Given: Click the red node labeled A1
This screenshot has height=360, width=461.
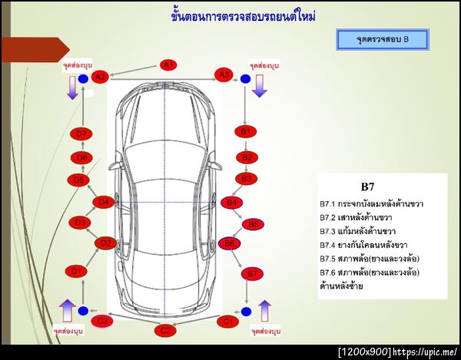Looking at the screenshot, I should tap(168, 64).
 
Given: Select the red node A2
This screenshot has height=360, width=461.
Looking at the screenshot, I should tap(100, 77).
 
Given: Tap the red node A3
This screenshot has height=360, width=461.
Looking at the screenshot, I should tap(223, 75).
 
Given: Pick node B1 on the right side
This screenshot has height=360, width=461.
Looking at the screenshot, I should tap(246, 132).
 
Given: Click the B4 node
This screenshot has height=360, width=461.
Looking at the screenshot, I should tap(230, 203).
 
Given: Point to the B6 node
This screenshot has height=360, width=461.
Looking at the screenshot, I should tap(229, 243).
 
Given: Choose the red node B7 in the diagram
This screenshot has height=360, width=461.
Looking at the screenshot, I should tap(251, 273).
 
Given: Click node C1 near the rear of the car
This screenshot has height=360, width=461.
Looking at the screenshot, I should tap(227, 322).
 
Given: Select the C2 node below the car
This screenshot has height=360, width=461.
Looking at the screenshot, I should tap(164, 331).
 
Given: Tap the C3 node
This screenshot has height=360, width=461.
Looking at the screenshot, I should tap(101, 321).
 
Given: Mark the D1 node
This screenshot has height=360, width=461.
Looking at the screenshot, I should tap(75, 271).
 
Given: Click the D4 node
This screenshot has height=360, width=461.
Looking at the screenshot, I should tap(104, 203).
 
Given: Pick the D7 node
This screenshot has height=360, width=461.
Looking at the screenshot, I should tap(82, 134).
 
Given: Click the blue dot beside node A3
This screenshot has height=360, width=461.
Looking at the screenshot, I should tap(245, 78).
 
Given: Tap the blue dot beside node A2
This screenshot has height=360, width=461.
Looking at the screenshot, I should tap(82, 78).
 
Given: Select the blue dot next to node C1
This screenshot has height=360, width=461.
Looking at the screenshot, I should tap(246, 312).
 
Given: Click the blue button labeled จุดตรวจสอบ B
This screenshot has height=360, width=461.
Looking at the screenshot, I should tap(383, 38).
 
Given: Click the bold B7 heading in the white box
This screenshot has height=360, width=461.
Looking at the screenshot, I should tap(367, 187).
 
